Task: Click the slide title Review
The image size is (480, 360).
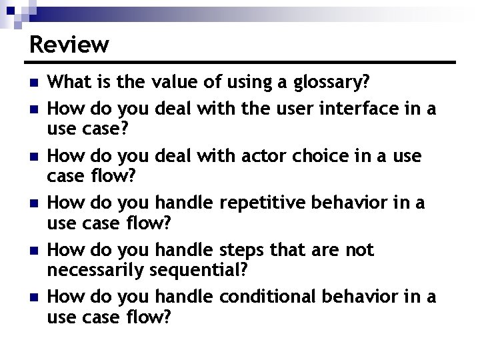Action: point(69,45)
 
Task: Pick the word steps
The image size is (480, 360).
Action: point(243,250)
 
